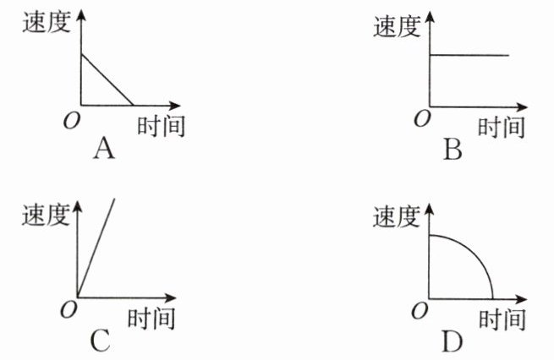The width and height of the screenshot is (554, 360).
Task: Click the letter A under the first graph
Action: (105, 150)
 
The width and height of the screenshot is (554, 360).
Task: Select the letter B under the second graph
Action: (454, 150)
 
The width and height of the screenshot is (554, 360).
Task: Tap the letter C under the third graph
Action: (100, 341)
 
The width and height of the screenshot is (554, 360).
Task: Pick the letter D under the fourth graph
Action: (453, 341)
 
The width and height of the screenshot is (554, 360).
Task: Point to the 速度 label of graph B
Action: (396, 27)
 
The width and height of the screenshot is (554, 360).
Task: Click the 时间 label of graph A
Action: (160, 127)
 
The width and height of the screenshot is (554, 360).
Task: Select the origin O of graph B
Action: (420, 120)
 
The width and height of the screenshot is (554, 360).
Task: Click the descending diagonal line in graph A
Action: (107, 80)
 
